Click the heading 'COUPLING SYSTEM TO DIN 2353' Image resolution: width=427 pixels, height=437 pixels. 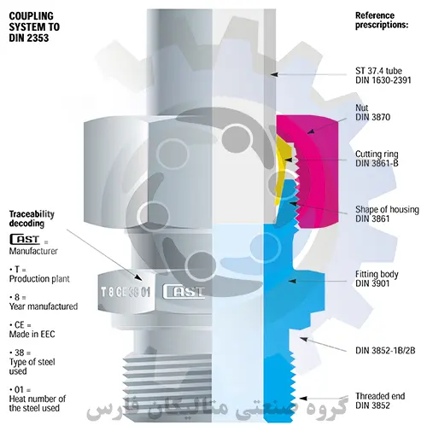(34, 27)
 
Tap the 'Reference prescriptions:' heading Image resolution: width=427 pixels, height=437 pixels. (382, 20)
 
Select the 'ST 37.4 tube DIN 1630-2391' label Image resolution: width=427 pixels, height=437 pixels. (383, 75)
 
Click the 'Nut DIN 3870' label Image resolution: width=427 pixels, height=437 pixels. (372, 113)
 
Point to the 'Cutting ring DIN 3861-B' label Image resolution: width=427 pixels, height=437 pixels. (377, 159)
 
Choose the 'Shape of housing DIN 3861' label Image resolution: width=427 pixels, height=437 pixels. (387, 214)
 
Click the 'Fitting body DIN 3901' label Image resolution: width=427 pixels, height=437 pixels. (377, 278)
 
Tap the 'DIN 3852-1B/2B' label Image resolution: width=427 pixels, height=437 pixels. (385, 351)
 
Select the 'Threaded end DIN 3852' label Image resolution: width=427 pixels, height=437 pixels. (380, 400)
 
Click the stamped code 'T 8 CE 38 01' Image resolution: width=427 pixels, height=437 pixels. (126, 292)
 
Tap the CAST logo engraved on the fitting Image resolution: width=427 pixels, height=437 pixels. (184, 291)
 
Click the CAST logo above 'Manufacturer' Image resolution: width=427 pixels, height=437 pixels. (25, 239)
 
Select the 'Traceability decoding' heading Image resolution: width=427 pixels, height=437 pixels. (32, 218)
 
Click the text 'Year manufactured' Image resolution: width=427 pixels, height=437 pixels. (44, 306)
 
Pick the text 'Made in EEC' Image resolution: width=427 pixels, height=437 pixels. (32, 334)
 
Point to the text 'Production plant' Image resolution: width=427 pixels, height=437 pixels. (39, 278)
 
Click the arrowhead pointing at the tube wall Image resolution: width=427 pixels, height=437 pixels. (274, 74)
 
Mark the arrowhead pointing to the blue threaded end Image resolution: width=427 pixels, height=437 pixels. (303, 399)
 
